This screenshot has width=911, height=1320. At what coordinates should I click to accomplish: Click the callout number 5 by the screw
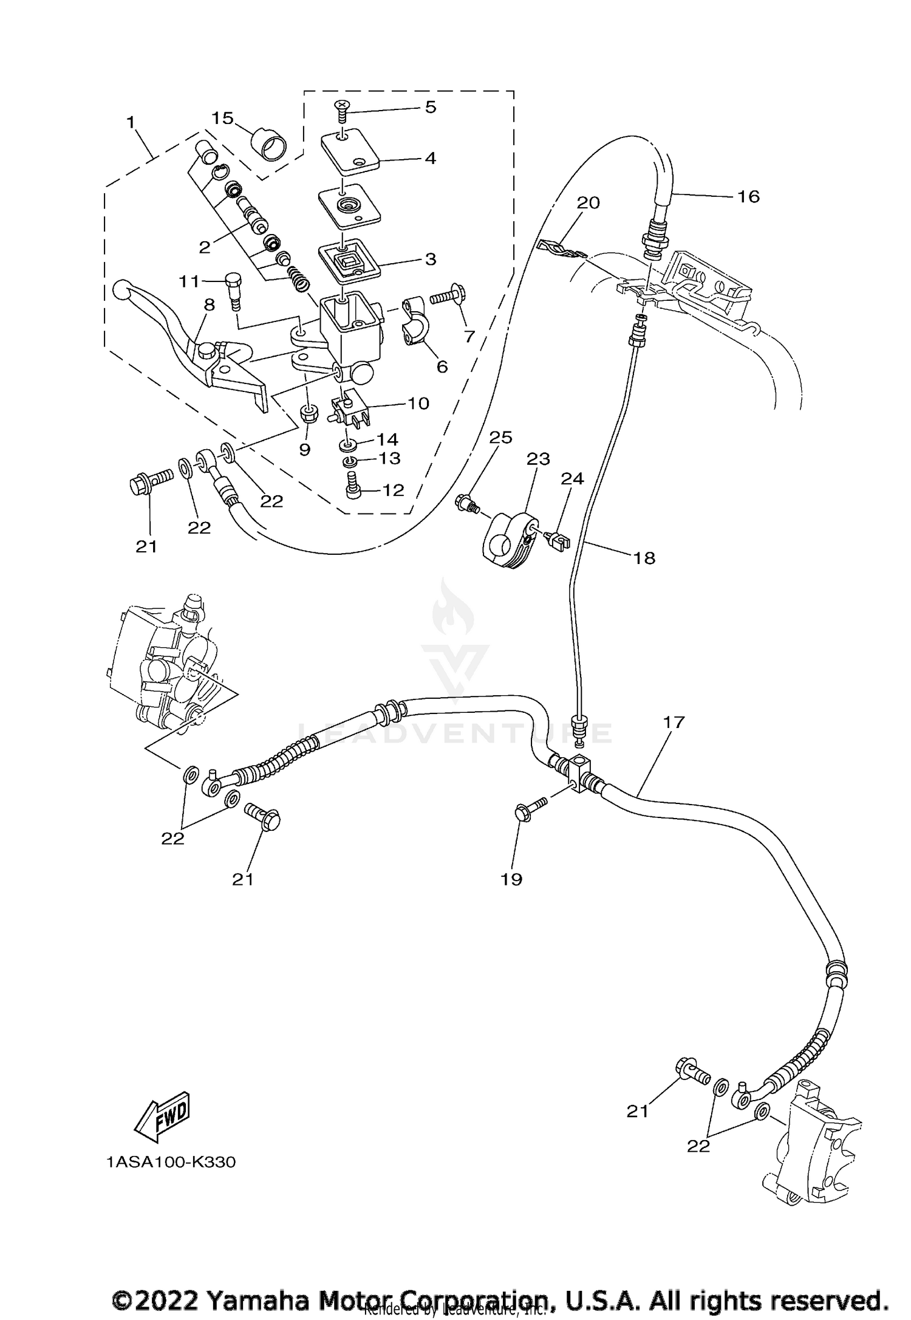430,108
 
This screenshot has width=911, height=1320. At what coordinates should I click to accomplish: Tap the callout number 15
223,118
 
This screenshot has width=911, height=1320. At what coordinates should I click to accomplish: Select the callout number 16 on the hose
748,196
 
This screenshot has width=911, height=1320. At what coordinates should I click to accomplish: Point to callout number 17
674,723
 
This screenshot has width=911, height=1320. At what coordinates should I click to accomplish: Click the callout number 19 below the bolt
512,879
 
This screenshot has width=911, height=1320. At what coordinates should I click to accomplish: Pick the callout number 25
501,438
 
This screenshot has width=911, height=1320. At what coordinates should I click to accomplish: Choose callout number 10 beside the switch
418,403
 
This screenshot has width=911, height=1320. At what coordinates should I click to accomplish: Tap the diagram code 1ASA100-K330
171,1162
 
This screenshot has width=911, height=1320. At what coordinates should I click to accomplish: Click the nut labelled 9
310,415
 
